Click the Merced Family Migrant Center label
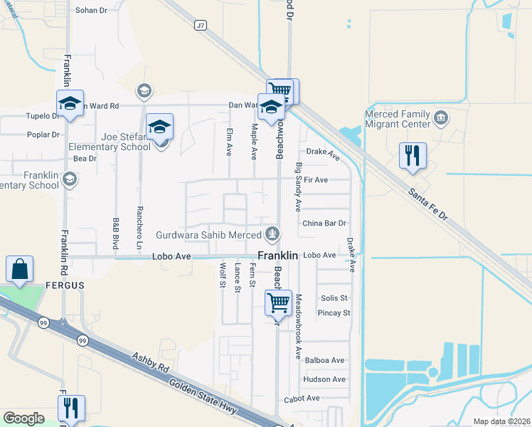(398, 119)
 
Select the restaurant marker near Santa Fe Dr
(413, 156)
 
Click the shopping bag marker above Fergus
(19, 270)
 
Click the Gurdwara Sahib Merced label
(210, 234)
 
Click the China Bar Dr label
(324, 223)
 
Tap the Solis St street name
(334, 298)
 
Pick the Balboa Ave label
(324, 361)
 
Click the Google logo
(24, 418)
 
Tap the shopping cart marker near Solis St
(278, 302)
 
